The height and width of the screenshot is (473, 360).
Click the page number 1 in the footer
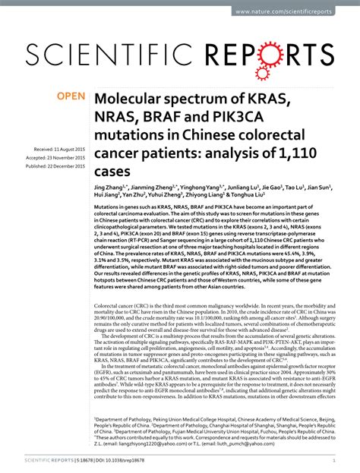click(x=335, y=461)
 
